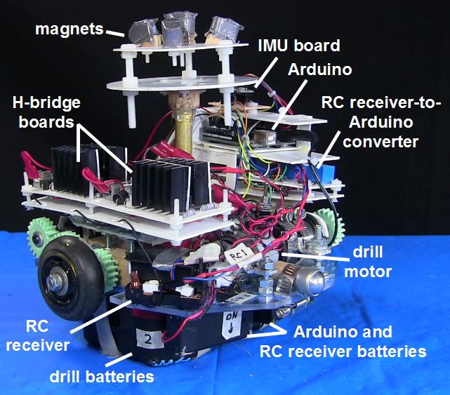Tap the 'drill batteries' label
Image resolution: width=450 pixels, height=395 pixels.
[x=101, y=377]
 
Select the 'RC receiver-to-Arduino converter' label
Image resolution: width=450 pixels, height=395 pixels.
[x=382, y=121]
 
